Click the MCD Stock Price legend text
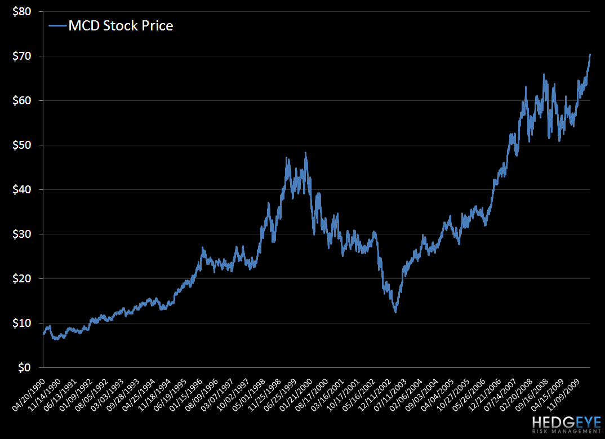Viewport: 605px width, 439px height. (120, 25)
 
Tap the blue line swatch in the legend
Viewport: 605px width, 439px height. (57, 25)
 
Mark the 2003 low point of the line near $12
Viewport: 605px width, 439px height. (395, 312)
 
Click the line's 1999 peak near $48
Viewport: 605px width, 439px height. (305, 153)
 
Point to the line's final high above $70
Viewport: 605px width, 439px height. (590, 55)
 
